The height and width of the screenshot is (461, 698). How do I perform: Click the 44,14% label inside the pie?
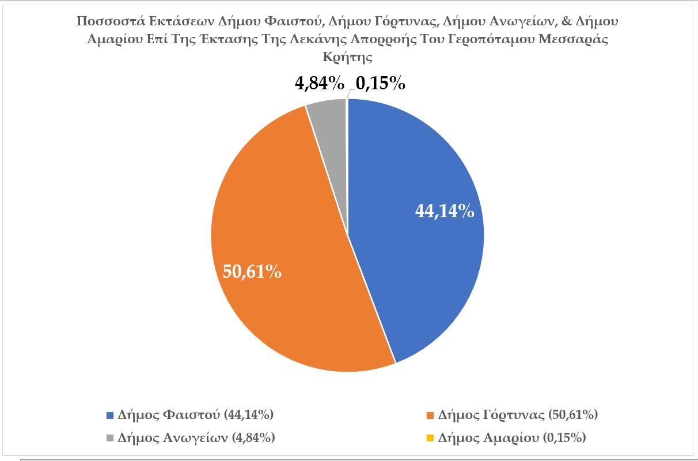coord(445,211)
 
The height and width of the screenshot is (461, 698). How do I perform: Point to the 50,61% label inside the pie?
coord(252,271)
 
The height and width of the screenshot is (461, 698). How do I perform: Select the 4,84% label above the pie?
coord(320,84)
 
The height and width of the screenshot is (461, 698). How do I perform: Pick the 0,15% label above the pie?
coord(380,84)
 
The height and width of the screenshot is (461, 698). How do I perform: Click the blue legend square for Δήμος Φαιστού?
coord(111,415)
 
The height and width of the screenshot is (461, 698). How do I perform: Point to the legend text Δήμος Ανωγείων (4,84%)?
coord(196,438)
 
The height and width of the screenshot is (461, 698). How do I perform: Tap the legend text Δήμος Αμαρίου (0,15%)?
coord(512,438)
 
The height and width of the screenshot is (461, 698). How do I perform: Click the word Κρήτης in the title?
coord(348,58)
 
